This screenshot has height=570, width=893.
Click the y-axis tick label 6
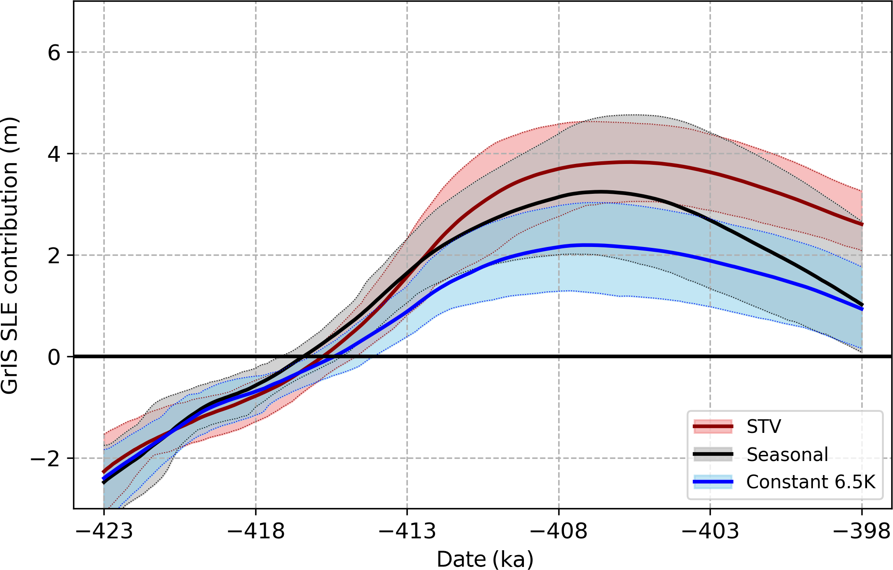tap(54, 53)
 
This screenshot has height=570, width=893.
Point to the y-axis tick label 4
tap(54, 155)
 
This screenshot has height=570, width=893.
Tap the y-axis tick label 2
tap(54, 256)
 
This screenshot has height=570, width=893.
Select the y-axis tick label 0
tap(54, 358)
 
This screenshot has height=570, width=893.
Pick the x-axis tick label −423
tap(104, 531)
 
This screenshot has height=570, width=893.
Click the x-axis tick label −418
tap(256, 531)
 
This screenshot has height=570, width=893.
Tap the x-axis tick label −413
tap(407, 531)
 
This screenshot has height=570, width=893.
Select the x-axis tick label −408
tap(559, 531)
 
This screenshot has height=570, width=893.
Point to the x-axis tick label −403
tap(710, 531)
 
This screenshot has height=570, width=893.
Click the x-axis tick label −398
tap(861, 531)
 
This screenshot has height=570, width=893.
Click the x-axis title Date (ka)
tap(485, 559)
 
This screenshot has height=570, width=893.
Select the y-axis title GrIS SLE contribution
tap(10, 255)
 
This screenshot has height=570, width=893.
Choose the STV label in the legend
tap(764, 427)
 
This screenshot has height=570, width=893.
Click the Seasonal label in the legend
tap(787, 454)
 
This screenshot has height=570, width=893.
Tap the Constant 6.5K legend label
tap(811, 482)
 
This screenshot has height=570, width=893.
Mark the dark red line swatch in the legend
tap(713, 426)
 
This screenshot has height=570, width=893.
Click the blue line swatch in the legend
tap(713, 482)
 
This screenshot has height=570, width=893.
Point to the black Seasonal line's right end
tap(862, 305)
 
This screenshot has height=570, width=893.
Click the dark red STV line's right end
tap(862, 224)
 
